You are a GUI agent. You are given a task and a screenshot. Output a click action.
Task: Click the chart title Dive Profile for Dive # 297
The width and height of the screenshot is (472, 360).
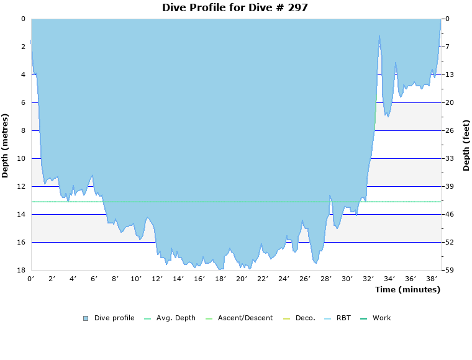coord(235,7)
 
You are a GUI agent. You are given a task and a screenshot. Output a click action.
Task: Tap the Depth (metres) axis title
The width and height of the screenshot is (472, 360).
coord(6,145)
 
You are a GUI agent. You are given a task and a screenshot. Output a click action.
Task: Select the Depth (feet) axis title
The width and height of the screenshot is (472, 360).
coord(466,145)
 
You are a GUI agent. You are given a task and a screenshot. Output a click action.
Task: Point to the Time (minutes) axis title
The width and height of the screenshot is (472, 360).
coord(407,289)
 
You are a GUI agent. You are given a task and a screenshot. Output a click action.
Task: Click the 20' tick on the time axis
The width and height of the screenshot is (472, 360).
coord(242,279)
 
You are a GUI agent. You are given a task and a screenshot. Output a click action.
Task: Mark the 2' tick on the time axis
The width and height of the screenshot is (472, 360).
coord(52,279)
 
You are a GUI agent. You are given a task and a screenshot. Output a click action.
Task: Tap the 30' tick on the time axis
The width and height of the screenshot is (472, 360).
coord(347,279)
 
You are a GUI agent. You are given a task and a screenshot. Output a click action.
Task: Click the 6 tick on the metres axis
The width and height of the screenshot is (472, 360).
coord(23,102)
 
